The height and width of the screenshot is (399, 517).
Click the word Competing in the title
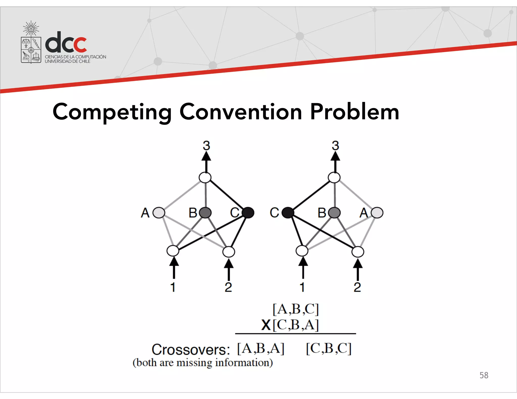point(112,112)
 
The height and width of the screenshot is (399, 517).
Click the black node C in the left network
point(248,213)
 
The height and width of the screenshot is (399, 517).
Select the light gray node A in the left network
point(159,213)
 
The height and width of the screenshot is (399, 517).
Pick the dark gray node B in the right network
point(334,213)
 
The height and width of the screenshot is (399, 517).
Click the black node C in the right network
point(288,213)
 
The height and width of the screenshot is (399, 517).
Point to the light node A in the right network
point(377,213)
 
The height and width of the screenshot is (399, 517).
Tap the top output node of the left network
point(205,178)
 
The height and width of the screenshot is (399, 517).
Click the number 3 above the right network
point(335,146)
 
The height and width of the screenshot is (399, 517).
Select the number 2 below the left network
point(228,287)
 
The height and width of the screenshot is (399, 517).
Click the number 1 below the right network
point(302,287)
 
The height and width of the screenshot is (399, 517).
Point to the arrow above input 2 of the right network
point(357,268)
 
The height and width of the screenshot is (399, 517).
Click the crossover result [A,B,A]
point(261,349)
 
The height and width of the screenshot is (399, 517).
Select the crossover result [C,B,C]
point(329,349)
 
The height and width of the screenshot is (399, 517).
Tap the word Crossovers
point(191,350)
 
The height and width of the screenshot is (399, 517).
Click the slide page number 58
point(484,375)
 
